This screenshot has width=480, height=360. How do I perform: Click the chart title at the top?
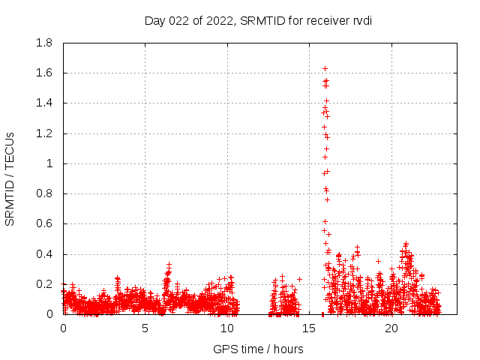(x=258, y=20)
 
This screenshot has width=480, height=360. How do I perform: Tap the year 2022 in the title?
(x=219, y=20)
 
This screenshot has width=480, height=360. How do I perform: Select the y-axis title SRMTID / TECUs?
(x=10, y=178)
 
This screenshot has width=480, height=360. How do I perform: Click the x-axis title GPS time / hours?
(x=258, y=349)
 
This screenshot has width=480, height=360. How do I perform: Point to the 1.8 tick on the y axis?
(x=44, y=43)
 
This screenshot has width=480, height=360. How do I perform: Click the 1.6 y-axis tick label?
(x=44, y=73)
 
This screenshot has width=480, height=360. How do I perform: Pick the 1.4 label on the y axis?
(x=44, y=103)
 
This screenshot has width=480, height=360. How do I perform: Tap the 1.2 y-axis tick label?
(x=44, y=133)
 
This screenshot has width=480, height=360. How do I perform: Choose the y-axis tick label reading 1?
(x=50, y=163)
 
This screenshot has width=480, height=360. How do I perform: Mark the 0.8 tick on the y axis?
(x=44, y=193)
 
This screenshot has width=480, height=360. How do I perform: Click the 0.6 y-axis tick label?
(x=44, y=223)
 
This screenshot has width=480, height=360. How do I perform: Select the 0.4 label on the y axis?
(x=44, y=254)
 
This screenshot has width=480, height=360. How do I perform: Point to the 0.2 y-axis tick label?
(x=44, y=284)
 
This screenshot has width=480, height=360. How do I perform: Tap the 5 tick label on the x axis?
(x=145, y=328)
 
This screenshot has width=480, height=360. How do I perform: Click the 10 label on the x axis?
(x=227, y=328)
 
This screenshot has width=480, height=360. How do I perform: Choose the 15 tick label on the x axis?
(x=310, y=328)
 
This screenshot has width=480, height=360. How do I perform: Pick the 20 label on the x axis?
(x=391, y=328)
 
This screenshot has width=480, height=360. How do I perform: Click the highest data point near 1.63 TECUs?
(x=325, y=68)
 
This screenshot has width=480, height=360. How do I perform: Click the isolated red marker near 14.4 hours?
(x=299, y=279)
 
